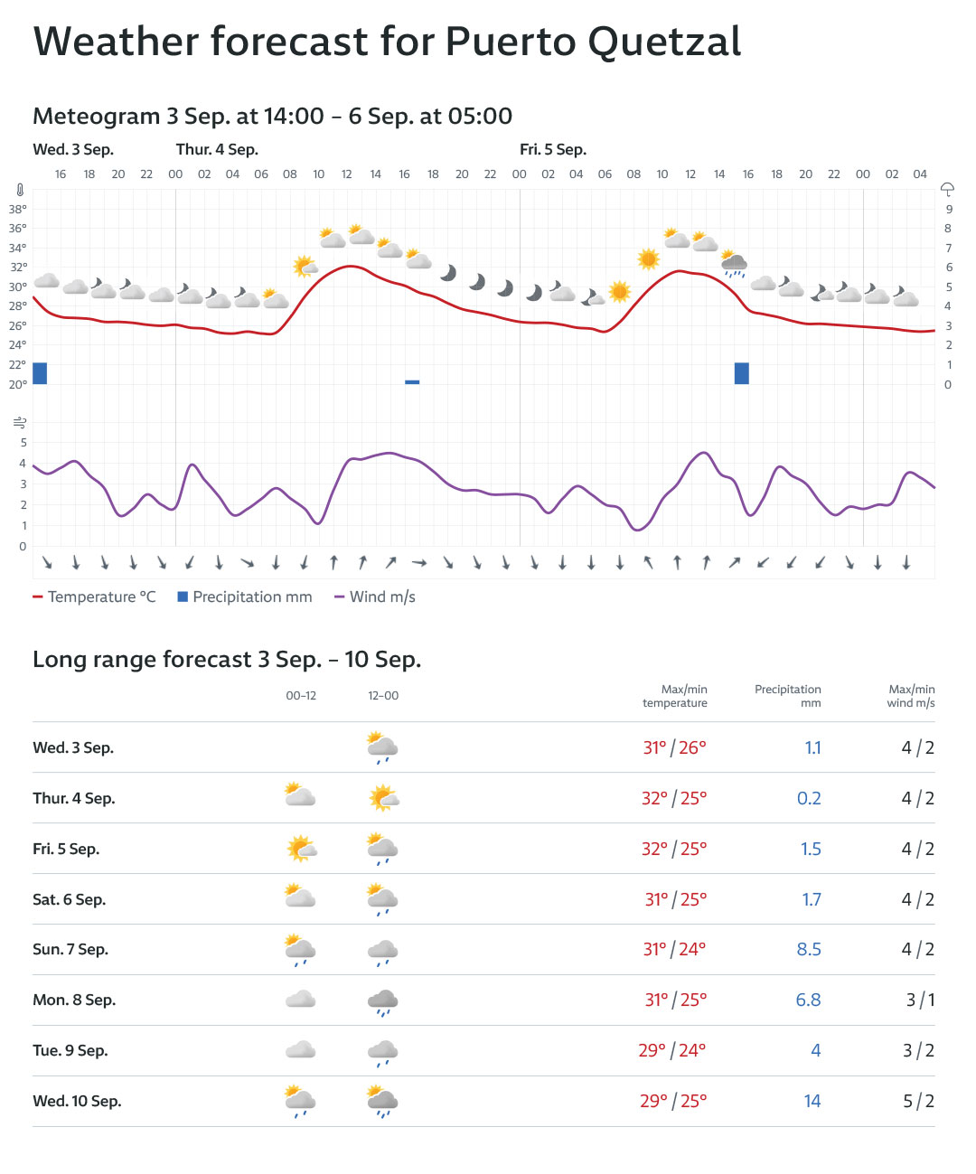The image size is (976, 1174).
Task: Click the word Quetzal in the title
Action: click(x=665, y=42)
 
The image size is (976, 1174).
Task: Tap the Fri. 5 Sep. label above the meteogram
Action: click(x=552, y=149)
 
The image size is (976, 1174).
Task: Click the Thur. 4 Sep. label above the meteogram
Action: click(x=217, y=149)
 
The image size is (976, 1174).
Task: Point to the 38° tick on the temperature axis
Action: click(x=18, y=209)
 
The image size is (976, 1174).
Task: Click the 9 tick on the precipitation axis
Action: click(x=949, y=209)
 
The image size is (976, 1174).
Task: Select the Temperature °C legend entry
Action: click(x=94, y=596)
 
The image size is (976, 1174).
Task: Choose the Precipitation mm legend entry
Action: click(x=245, y=596)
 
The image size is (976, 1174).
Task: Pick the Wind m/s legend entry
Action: click(x=375, y=596)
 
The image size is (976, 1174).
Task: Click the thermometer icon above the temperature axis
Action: click(x=19, y=191)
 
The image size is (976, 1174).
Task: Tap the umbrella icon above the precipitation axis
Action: click(x=947, y=189)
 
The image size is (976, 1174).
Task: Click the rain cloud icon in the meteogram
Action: click(x=734, y=263)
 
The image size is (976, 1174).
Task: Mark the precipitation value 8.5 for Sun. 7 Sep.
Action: click(x=809, y=949)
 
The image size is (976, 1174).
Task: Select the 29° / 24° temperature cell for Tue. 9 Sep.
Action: click(x=672, y=1050)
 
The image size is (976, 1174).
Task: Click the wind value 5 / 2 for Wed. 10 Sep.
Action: click(x=918, y=1101)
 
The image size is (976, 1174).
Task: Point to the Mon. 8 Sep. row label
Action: click(x=74, y=1000)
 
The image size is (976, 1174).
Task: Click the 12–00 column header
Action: click(x=383, y=696)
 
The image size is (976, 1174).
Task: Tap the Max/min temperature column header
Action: click(x=675, y=696)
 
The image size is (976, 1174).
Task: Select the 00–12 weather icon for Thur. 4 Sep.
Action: click(x=300, y=795)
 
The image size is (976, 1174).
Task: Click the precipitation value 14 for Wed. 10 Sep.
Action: click(x=812, y=1101)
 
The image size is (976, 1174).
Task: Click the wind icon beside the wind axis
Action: click(x=19, y=423)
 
